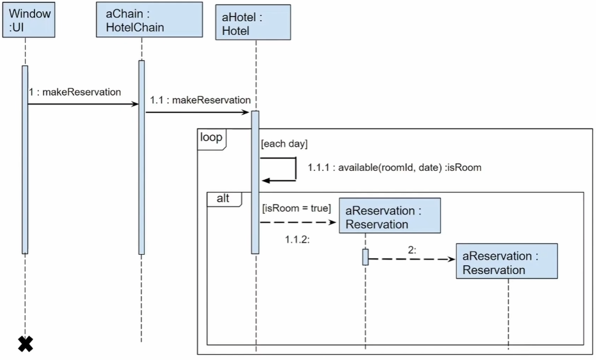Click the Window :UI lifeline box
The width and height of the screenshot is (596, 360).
29,20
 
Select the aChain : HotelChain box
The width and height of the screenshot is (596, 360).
149,20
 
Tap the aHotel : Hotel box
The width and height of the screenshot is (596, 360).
253,22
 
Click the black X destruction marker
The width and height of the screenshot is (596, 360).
26,344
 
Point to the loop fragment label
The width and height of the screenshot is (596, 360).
211,137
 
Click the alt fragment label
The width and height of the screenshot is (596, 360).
223,199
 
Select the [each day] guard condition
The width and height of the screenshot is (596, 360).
284,144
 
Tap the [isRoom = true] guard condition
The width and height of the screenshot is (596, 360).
297,208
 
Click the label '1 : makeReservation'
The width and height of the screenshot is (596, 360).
75,92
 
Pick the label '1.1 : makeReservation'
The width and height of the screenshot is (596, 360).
200,100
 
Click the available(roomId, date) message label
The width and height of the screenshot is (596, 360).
394,167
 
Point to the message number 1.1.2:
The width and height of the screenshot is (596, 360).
297,240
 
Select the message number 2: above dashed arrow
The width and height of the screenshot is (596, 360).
412,250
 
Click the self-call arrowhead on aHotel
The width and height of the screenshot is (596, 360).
266,181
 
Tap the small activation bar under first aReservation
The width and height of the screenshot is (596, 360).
366,257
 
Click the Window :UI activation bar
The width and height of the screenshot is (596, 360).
25,160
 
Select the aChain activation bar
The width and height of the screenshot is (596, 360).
142,158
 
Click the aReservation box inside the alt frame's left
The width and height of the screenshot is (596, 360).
390,216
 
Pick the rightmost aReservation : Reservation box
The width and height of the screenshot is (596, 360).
507,261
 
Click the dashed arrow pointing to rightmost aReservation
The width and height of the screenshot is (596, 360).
412,259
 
